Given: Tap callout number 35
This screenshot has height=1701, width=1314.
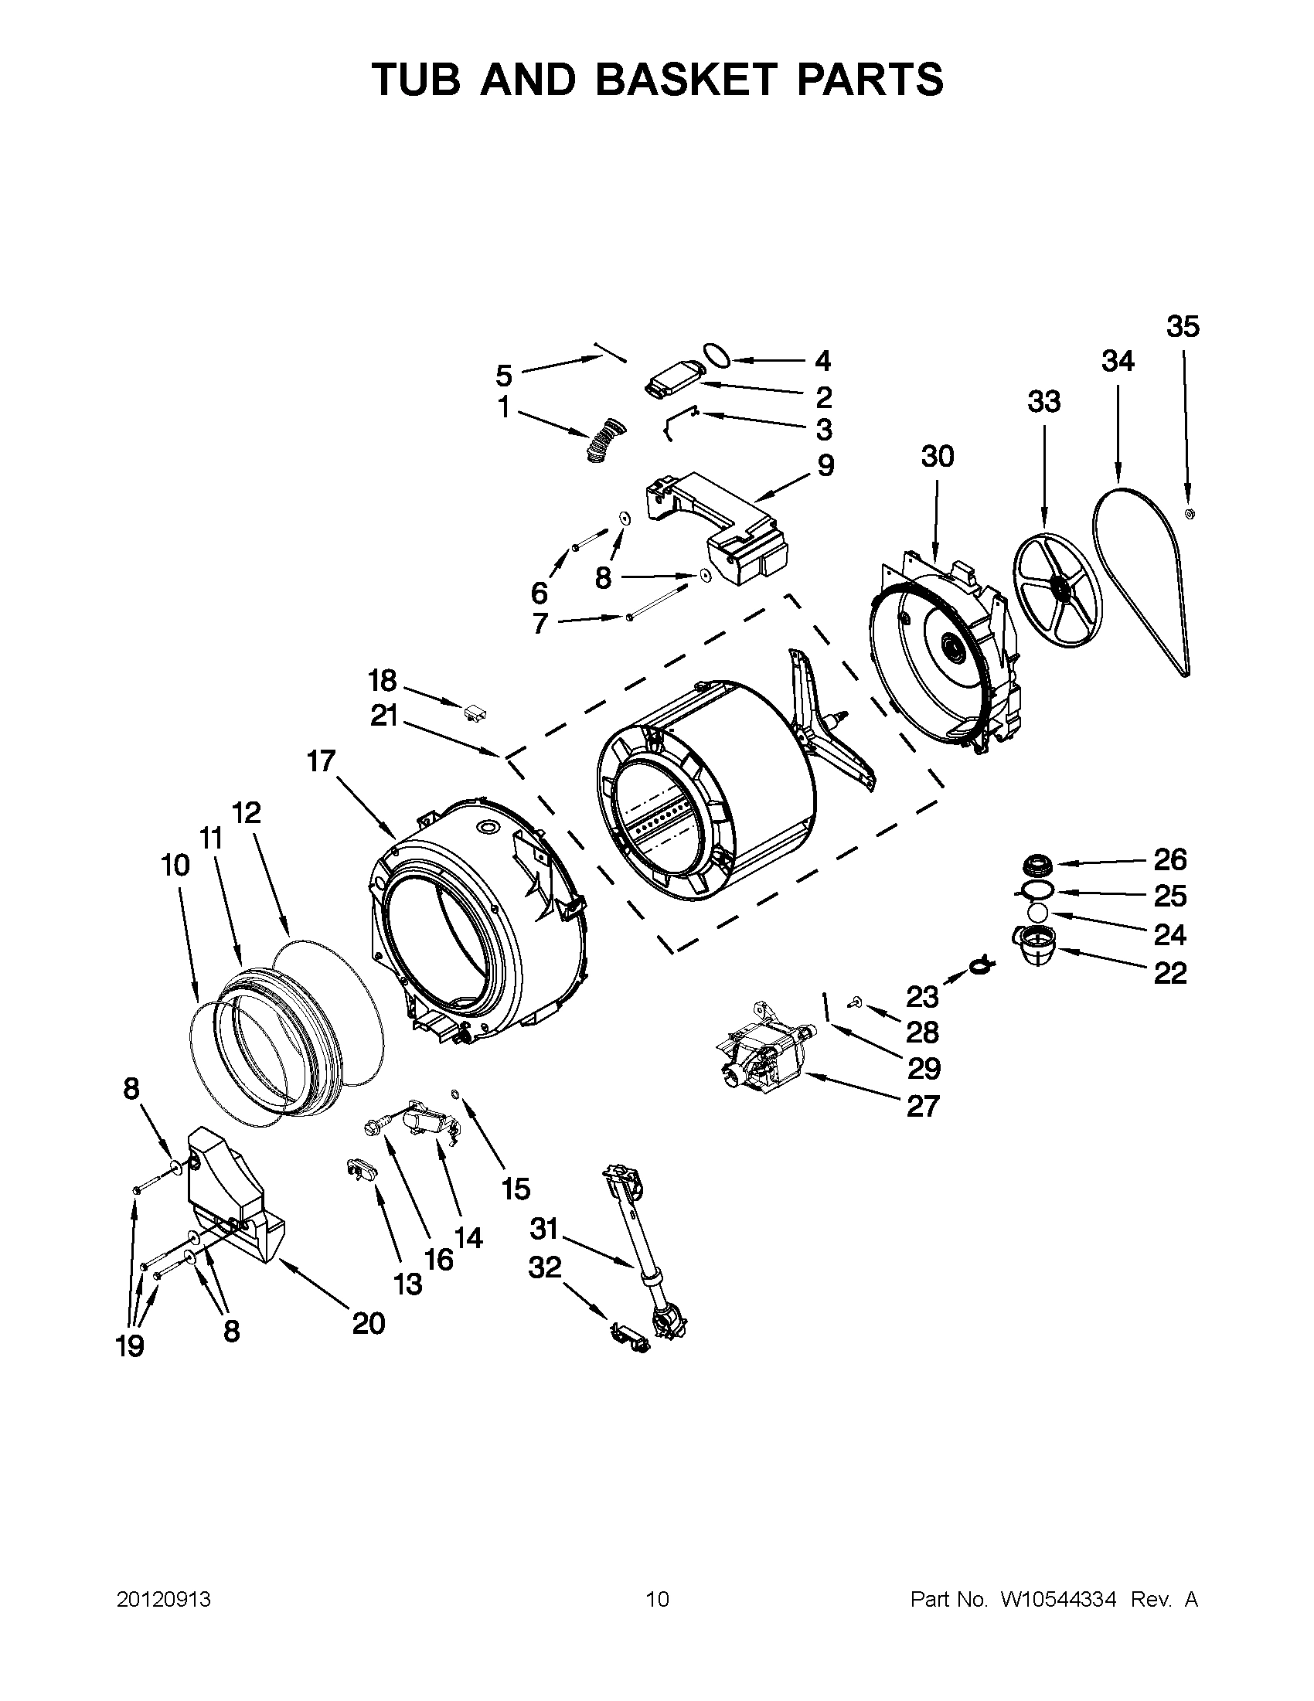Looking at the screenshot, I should tap(1183, 327).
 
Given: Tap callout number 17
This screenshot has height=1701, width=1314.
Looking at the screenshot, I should tap(320, 760).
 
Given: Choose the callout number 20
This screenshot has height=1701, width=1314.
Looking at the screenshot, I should tap(369, 1322).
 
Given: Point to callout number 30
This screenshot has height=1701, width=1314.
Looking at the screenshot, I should tap(937, 457).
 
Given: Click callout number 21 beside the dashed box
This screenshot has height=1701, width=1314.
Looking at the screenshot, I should tap(384, 716).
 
